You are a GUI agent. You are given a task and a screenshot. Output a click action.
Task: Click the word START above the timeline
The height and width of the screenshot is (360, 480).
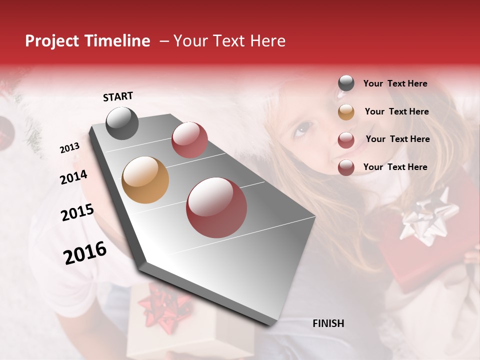pyautogui.click(x=118, y=96)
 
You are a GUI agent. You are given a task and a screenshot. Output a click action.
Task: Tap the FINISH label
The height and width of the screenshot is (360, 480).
pyautogui.click(x=328, y=323)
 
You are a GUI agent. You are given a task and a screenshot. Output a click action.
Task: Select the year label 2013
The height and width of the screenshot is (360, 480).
pyautogui.click(x=70, y=148)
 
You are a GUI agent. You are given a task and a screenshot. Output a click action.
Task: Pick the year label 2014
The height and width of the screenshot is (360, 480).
pyautogui.click(x=73, y=177)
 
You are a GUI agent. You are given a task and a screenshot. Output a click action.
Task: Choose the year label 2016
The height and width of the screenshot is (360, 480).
pyautogui.click(x=85, y=252)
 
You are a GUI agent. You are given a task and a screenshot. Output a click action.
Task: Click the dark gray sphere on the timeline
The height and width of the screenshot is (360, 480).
pyautogui.click(x=122, y=123)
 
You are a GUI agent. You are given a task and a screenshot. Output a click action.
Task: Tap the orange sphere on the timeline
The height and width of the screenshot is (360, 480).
pyautogui.click(x=145, y=180)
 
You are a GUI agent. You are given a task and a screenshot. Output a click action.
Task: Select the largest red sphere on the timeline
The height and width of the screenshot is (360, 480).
pyautogui.click(x=216, y=207)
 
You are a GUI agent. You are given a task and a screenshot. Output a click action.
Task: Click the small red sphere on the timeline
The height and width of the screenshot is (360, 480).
pyautogui.click(x=189, y=140)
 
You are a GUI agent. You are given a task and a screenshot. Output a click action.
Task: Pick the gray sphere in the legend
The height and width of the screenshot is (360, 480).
pyautogui.click(x=346, y=83)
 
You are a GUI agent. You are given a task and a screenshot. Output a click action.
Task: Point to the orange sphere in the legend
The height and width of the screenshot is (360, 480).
pyautogui.click(x=346, y=112)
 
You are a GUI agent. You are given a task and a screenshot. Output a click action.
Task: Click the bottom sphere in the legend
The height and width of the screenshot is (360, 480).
pyautogui.click(x=346, y=167)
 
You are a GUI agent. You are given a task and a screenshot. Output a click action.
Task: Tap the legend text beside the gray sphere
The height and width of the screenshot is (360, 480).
pyautogui.click(x=395, y=84)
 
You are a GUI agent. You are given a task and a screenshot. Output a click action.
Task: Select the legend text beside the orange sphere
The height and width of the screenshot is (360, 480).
pyautogui.click(x=396, y=111)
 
